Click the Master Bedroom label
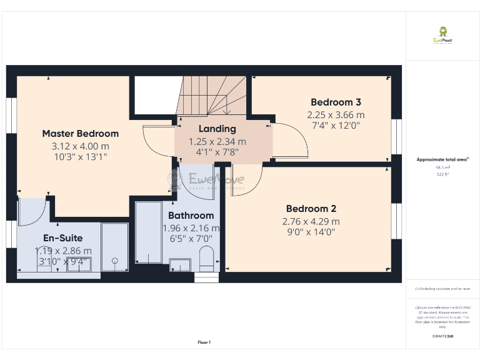(80, 133)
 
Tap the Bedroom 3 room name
(336, 102)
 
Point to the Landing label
(217, 129)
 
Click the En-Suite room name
(62, 238)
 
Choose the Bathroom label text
(191, 216)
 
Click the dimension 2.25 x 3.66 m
(336, 115)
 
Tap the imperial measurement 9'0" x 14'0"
(311, 232)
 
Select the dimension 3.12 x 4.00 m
(80, 146)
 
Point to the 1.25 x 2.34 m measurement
(217, 141)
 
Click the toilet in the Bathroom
(206, 257)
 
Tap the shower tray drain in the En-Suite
(114, 261)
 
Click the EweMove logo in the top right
(442, 36)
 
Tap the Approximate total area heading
(442, 159)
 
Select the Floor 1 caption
(204, 342)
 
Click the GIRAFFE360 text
(442, 337)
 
